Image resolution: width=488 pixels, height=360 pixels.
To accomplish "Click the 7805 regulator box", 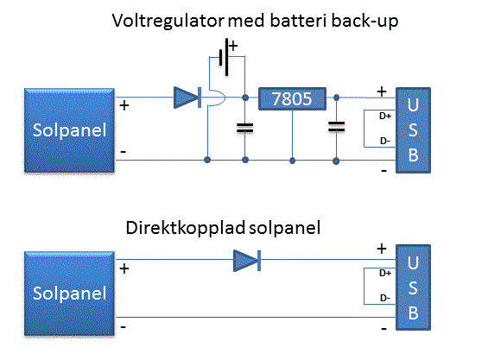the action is pyautogui.click(x=292, y=98).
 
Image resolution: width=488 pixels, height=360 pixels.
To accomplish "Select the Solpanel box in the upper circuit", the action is pyautogui.click(x=69, y=130).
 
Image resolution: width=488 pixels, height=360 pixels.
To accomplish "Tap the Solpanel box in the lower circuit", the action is pyautogui.click(x=69, y=294).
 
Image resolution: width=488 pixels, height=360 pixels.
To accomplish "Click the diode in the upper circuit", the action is pyautogui.click(x=187, y=98).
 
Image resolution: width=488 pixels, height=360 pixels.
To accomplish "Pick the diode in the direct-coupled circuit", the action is pyautogui.click(x=247, y=261).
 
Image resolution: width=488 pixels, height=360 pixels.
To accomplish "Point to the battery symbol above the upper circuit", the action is pyautogui.click(x=224, y=57).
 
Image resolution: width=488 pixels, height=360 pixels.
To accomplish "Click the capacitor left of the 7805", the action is pyautogui.click(x=245, y=128).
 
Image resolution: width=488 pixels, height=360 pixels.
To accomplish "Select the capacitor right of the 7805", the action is pyautogui.click(x=337, y=127).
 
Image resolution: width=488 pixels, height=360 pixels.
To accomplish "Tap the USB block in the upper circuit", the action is pyautogui.click(x=413, y=130).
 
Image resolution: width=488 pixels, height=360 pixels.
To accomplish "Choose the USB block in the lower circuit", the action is pyautogui.click(x=413, y=287).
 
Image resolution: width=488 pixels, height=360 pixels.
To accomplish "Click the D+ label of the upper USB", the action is pyautogui.click(x=385, y=116).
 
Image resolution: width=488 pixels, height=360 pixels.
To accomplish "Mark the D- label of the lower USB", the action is pyautogui.click(x=385, y=298).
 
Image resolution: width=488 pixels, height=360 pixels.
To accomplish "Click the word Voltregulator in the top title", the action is pyautogui.click(x=168, y=22).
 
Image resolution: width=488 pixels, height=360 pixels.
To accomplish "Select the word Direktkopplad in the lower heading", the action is pyautogui.click(x=186, y=228).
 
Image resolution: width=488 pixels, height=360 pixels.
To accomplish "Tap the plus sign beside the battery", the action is pyautogui.click(x=233, y=46).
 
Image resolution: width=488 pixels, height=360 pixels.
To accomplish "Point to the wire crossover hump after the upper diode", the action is pyautogui.click(x=218, y=98).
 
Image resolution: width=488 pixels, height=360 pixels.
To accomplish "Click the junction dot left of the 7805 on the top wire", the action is pyautogui.click(x=245, y=98).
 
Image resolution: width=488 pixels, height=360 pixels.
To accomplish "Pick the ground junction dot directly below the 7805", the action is pyautogui.click(x=292, y=161).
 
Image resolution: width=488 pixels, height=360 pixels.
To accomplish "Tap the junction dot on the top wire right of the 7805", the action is pyautogui.click(x=337, y=98).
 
